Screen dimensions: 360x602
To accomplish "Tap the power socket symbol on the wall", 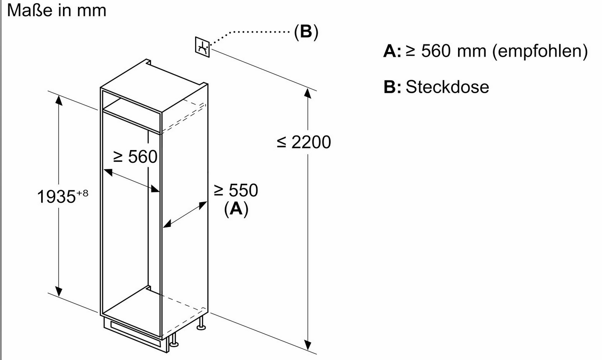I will click(203, 47).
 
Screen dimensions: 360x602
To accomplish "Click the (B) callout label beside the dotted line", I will click(306, 32).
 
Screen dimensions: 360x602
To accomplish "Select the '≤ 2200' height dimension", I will click(304, 142).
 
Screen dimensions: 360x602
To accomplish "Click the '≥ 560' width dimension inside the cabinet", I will click(135, 156).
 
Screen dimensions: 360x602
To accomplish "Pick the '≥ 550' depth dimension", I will click(236, 190).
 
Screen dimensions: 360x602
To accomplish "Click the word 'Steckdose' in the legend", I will click(447, 87).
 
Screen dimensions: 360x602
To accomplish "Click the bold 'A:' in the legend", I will click(392, 52).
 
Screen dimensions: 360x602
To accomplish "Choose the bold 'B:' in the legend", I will click(392, 87).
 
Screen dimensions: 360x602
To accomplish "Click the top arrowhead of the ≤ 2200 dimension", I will click(308, 93).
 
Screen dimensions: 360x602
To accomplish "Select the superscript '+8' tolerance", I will click(82, 192).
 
